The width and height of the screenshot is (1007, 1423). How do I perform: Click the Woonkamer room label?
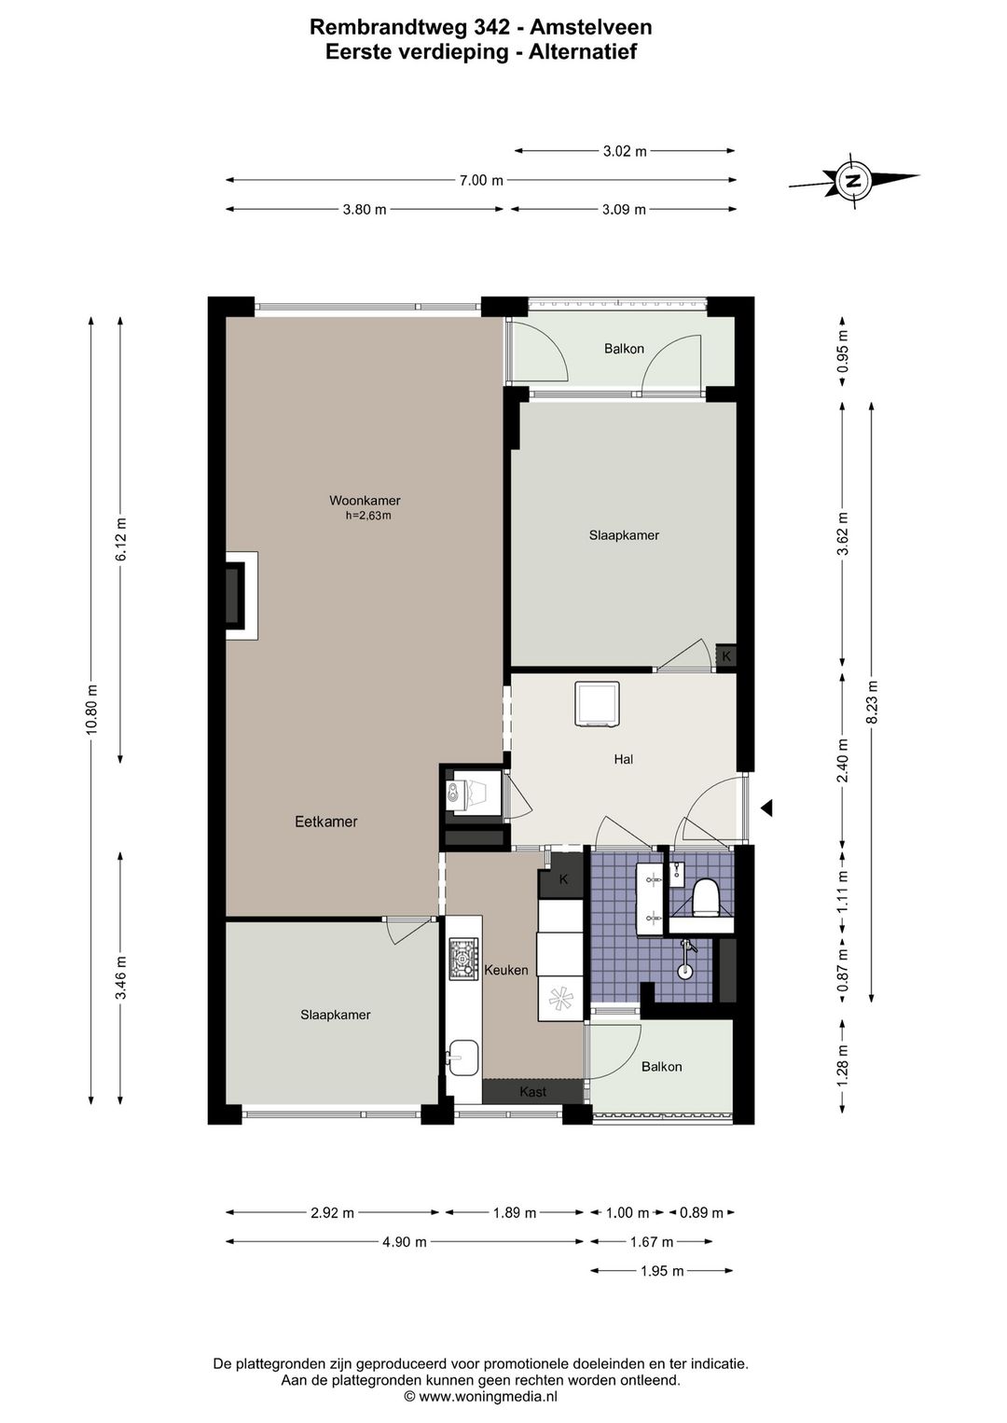point(365,501)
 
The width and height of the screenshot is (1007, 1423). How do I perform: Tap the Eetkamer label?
point(326,822)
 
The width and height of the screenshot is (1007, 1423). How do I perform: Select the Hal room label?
point(623,759)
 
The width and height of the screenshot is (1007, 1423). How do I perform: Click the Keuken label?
point(505,970)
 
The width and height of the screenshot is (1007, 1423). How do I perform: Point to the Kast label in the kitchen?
point(532,1091)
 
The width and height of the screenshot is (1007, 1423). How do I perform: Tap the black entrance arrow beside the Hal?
point(766,808)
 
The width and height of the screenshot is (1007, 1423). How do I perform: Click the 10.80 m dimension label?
point(92,709)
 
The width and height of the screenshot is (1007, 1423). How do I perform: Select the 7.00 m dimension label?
point(481,180)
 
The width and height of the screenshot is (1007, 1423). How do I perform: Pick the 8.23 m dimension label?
point(873,702)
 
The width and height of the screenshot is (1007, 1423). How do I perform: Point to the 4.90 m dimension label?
point(404,1241)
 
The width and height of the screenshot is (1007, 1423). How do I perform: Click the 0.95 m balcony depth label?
point(843,352)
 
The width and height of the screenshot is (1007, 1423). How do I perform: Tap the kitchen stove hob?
point(463,958)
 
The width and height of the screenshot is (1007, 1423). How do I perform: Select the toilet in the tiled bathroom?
point(705,896)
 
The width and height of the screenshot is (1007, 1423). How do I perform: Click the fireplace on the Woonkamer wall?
point(241,595)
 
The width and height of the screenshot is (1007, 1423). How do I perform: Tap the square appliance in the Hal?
point(597,704)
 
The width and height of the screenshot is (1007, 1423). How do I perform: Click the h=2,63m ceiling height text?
point(368,516)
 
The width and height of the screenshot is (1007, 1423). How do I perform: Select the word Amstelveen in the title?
point(591,27)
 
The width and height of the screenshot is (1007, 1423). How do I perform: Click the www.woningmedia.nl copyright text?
point(481,1396)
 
